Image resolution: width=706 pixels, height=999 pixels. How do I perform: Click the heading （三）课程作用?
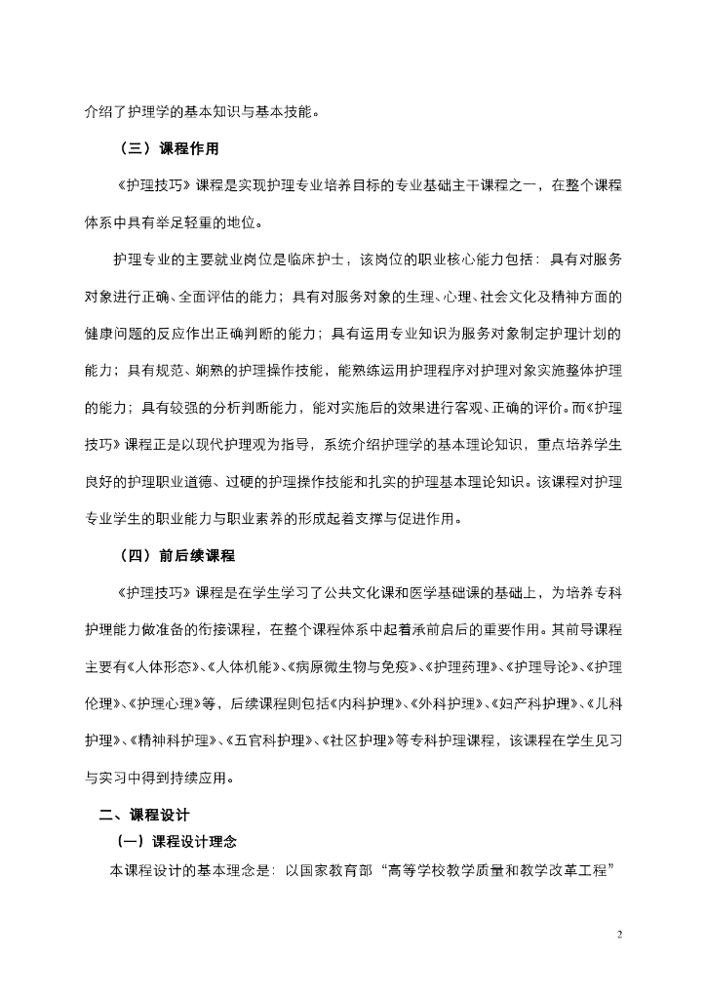tap(167, 149)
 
